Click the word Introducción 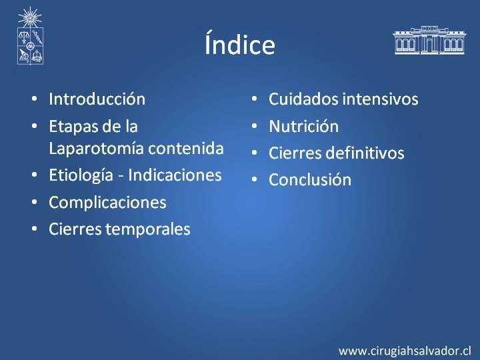(x=97, y=99)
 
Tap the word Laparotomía (x=97, y=149)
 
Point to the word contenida (x=186, y=149)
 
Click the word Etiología (x=81, y=176)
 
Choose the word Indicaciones (x=175, y=175)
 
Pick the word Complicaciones (x=107, y=203)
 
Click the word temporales (x=148, y=229)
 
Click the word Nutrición (x=304, y=126)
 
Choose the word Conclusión (x=310, y=180)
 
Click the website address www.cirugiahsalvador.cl (x=405, y=351)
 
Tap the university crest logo (x=30, y=36)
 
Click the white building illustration (x=429, y=40)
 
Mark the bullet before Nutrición (x=254, y=126)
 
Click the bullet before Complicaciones (x=34, y=202)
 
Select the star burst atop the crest (x=30, y=17)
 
